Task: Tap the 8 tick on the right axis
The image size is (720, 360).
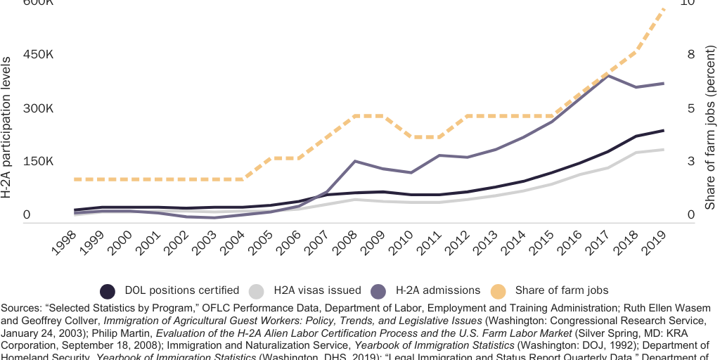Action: point(690,55)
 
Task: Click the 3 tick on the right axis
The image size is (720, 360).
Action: point(690,161)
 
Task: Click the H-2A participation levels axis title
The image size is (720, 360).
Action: point(7,127)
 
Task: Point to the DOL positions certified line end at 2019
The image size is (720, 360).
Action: point(664,130)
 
